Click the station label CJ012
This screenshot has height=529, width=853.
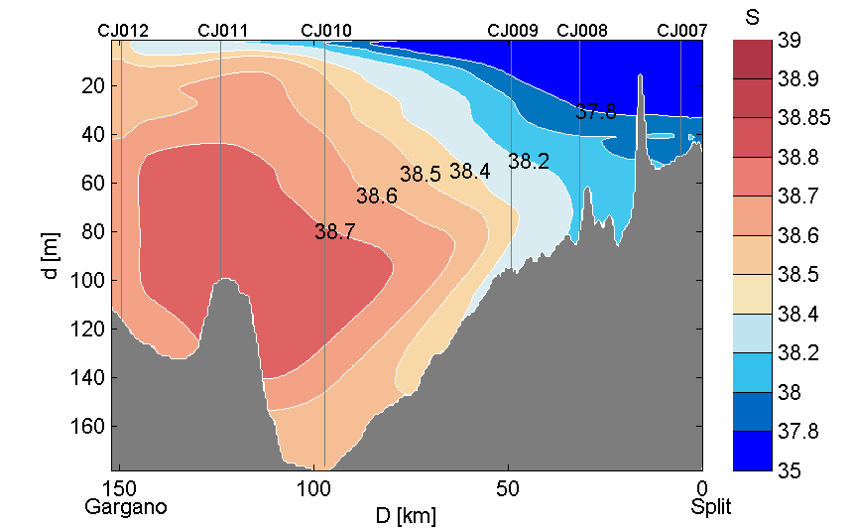(x=123, y=31)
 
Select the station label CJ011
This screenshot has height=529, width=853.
(x=223, y=31)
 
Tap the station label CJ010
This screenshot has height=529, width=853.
(x=325, y=31)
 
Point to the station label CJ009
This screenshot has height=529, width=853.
(x=513, y=31)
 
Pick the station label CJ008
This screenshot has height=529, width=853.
(x=582, y=31)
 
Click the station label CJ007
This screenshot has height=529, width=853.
(x=682, y=31)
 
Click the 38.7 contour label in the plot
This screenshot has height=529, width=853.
(x=335, y=232)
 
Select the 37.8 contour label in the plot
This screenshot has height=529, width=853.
(x=596, y=112)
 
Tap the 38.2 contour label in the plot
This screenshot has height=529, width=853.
(x=529, y=161)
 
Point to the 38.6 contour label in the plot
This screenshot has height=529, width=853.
(x=377, y=197)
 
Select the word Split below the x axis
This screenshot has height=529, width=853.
(x=711, y=507)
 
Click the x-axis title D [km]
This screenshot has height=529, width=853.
(x=407, y=515)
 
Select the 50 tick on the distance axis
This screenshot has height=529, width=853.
(x=508, y=488)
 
